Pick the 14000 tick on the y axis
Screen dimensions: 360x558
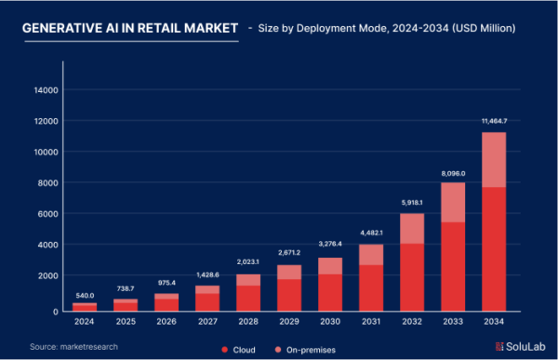point(46,90)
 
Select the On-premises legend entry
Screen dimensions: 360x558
point(305,348)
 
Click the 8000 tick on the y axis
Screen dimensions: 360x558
point(49,183)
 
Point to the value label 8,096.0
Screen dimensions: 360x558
point(452,173)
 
